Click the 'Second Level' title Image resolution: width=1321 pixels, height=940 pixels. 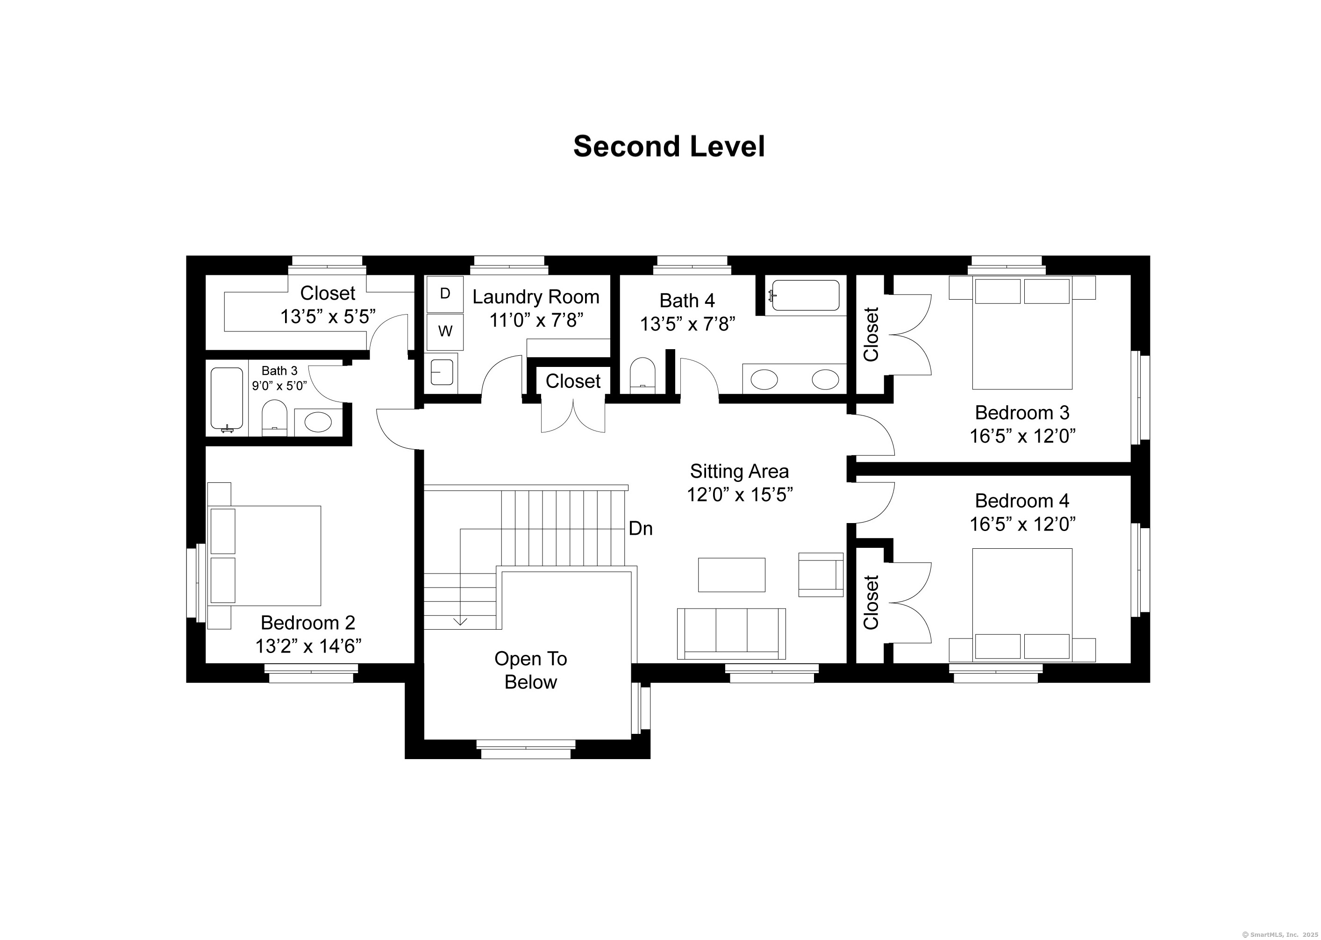[669, 146]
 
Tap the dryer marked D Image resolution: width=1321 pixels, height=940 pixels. [445, 294]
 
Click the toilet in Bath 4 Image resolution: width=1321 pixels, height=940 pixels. [642, 375]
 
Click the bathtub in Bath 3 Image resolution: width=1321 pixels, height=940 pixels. [227, 399]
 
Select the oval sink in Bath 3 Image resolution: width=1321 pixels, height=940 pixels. [318, 422]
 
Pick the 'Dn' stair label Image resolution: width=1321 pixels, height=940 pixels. [641, 529]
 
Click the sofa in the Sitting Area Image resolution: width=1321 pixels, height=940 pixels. [731, 633]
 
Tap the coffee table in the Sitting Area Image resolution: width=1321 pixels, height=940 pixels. [731, 575]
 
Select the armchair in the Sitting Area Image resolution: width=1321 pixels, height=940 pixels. [821, 574]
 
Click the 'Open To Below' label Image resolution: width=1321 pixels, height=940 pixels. [531, 670]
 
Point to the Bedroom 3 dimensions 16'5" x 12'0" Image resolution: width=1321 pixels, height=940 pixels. [1022, 435]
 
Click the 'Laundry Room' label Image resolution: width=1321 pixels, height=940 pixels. [536, 297]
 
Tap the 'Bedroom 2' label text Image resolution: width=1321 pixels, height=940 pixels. [308, 622]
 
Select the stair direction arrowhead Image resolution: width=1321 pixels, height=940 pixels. [460, 621]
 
